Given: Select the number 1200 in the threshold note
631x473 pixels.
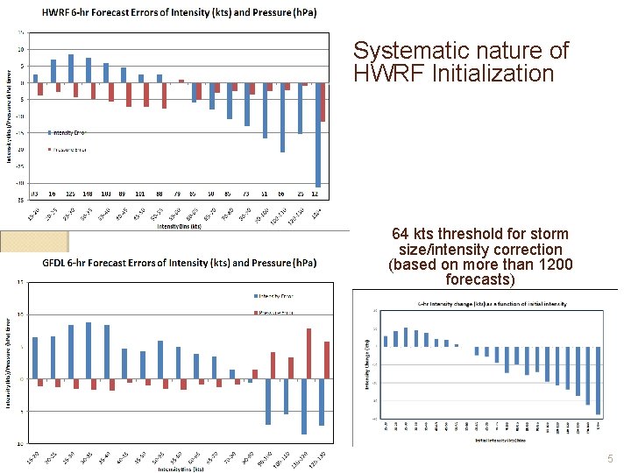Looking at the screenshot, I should pos(554,265).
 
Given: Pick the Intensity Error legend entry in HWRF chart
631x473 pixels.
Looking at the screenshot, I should pos(68,132).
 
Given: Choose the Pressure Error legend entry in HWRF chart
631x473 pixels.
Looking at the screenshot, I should pos(68,149).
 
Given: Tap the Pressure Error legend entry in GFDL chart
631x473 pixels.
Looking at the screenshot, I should pos(277,312).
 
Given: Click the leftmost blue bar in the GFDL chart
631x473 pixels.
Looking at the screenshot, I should pos(35,358).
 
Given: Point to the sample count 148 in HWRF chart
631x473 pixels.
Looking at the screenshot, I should pos(89,194).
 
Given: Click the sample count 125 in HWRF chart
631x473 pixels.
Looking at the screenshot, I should pos(71,194).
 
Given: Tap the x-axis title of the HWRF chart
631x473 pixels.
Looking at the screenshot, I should pos(179,226).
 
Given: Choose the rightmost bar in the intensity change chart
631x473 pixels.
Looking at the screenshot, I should pos(599,381).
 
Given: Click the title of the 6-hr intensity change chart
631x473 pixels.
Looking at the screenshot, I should pos(491,304).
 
